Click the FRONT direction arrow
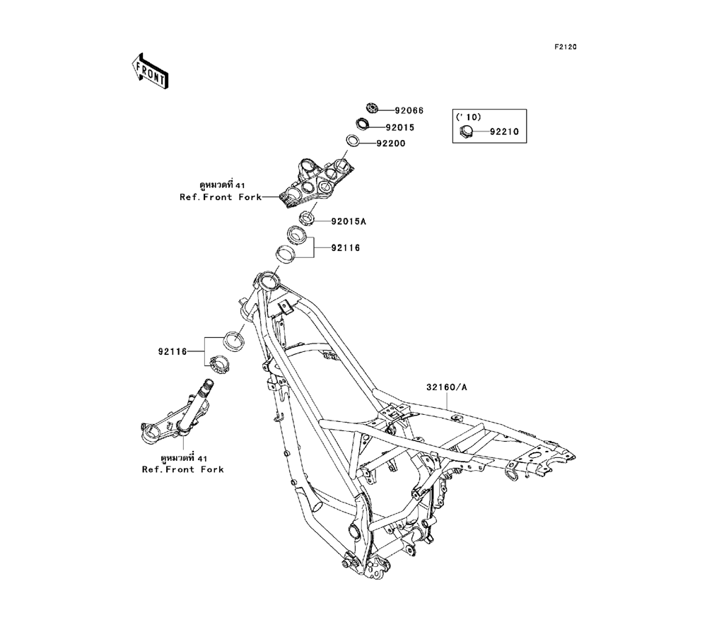149,71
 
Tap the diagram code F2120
565,47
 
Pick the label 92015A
349,221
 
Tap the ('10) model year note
467,116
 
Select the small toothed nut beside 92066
372,107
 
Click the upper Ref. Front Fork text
220,197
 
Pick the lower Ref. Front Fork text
182,469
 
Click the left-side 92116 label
172,349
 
